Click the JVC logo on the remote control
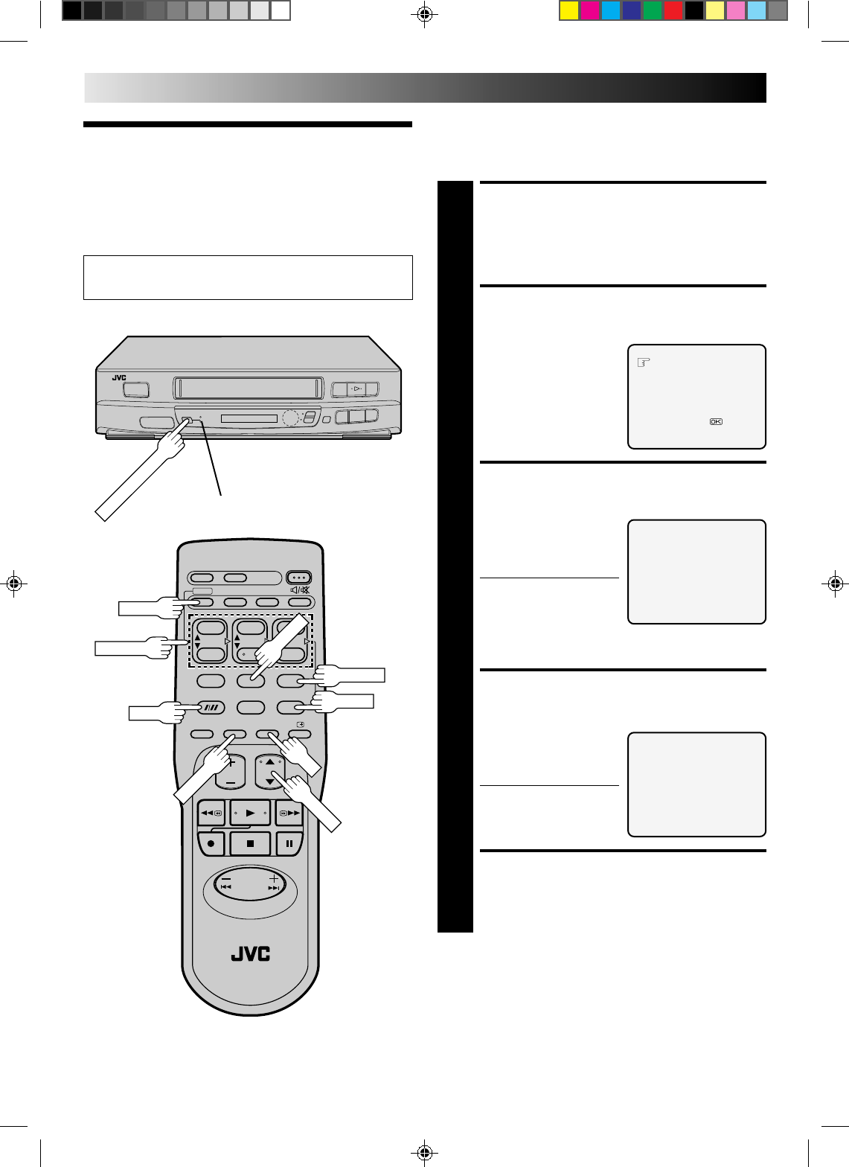[251, 953]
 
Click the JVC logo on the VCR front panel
[119, 378]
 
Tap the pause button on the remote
[288, 844]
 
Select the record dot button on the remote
[211, 844]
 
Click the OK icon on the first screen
[715, 422]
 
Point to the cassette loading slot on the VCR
[249, 388]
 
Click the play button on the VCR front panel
[356, 389]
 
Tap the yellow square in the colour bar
[569, 10]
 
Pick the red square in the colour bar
[673, 10]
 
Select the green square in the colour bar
[653, 10]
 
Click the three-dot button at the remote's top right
[299, 578]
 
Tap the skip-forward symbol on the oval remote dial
[274, 887]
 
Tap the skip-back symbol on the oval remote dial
[226, 887]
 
